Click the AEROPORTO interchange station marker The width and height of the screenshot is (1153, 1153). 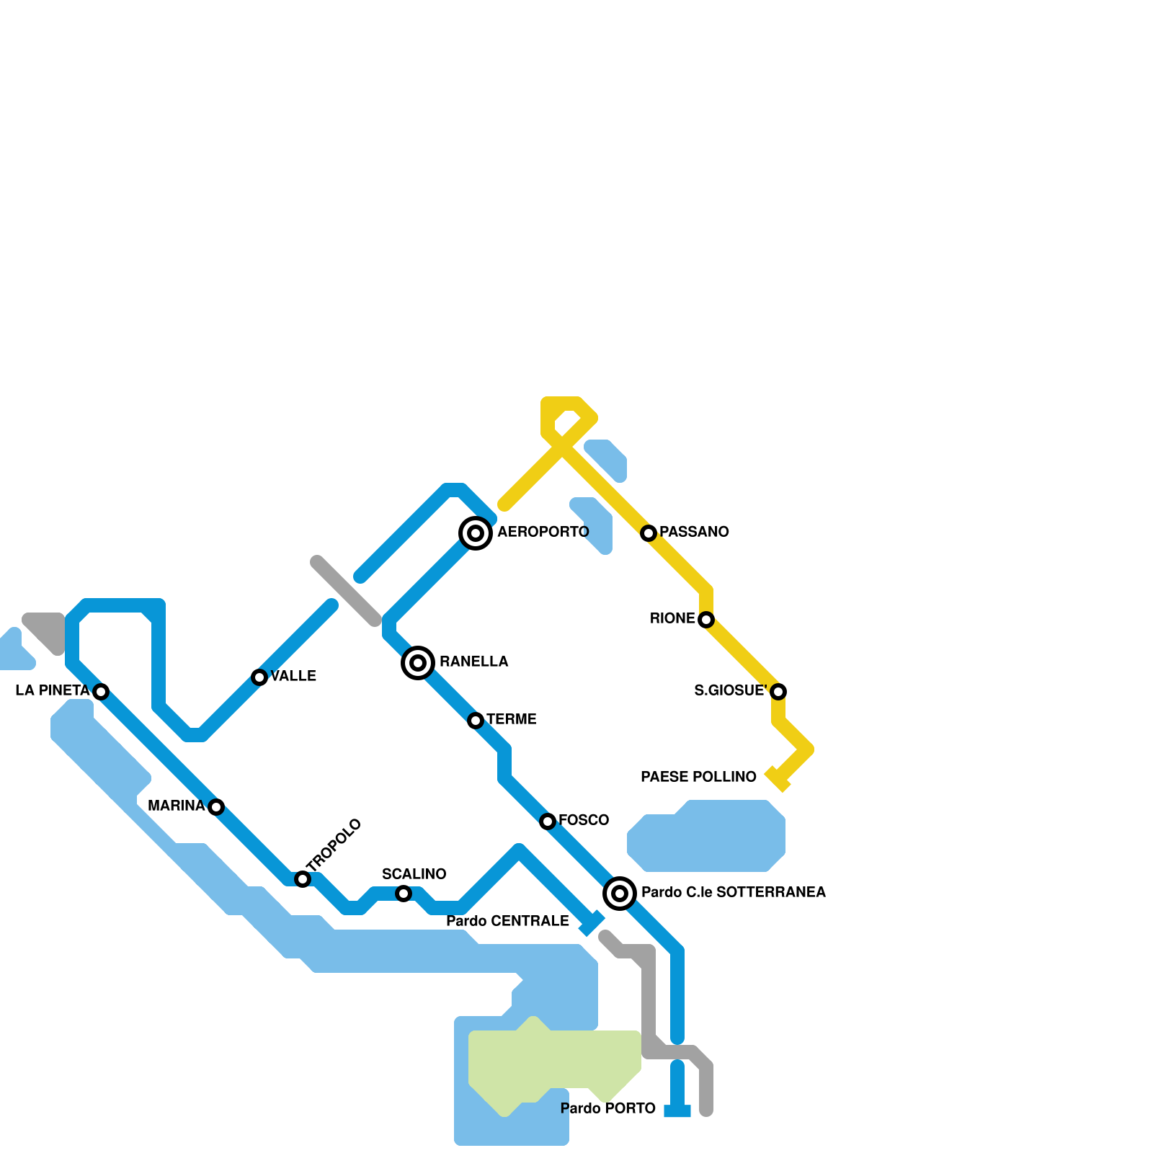tap(476, 533)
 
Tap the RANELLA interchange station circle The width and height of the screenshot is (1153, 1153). tap(418, 662)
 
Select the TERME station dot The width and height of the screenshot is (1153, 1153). tap(476, 721)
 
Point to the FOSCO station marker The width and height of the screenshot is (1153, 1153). tap(548, 822)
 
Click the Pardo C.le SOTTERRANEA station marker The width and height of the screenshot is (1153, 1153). tap(620, 894)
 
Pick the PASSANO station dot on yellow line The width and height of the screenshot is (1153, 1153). tap(649, 533)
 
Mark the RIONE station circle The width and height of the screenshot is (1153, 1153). tap(706, 620)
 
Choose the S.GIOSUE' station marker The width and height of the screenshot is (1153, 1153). tap(778, 692)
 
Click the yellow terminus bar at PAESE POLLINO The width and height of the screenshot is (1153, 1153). tap(778, 779)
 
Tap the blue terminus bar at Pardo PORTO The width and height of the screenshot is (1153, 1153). tap(677, 1111)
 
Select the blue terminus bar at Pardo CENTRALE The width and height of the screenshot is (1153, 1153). tap(592, 923)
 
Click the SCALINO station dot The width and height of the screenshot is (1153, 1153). tap(404, 894)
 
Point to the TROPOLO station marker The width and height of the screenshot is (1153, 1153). tap(303, 879)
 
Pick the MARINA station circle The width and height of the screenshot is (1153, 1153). tap(216, 807)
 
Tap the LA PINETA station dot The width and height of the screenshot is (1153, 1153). tap(101, 692)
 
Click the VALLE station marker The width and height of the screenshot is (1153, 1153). tap(259, 677)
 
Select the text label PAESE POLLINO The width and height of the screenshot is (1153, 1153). tap(698, 777)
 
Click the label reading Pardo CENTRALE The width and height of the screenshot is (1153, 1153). tap(507, 921)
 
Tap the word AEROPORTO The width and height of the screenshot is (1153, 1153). tap(543, 532)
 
